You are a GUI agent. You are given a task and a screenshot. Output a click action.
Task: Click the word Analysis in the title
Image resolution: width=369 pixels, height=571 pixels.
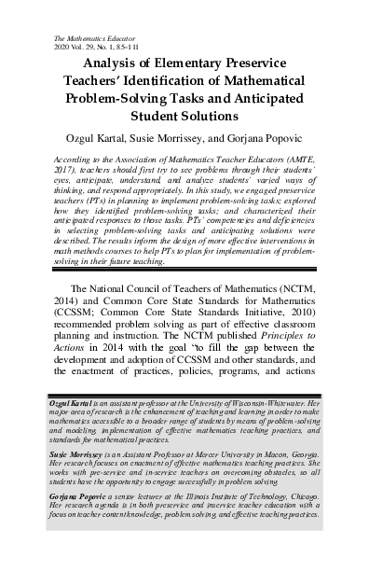click(114, 64)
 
